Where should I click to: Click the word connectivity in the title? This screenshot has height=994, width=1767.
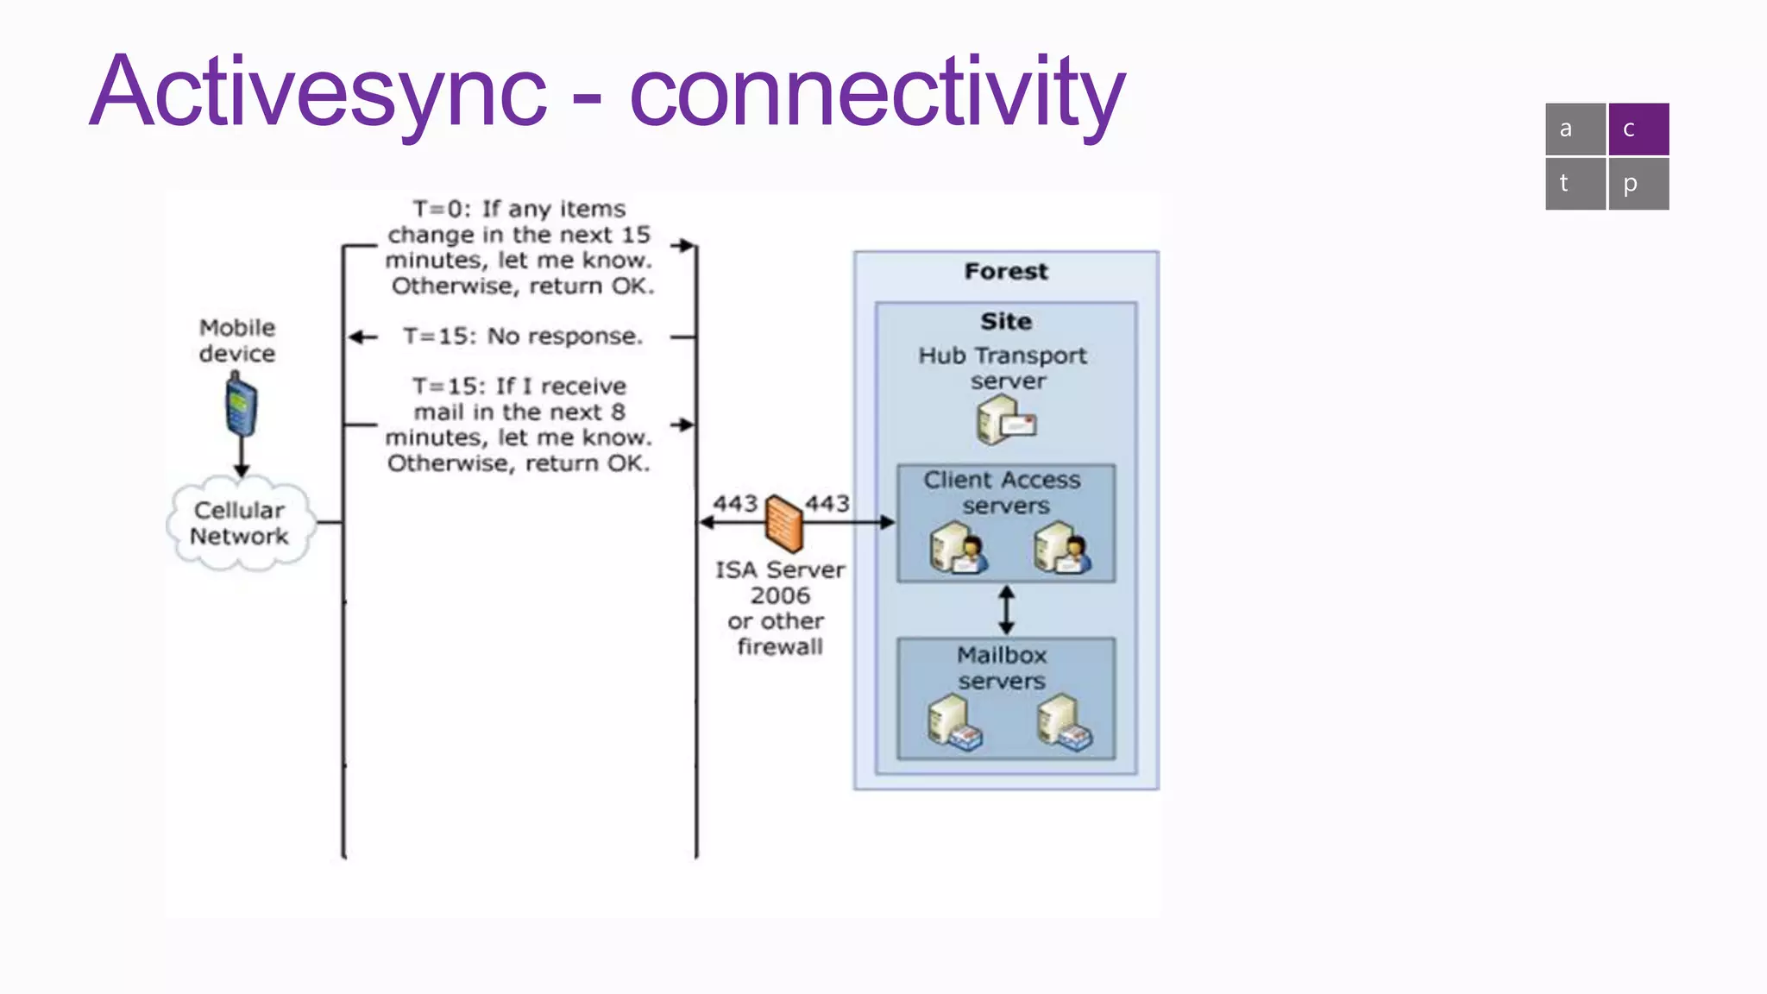coord(877,93)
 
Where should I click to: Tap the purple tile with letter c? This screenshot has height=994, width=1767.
coord(1638,129)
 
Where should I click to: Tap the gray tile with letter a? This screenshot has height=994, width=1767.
coord(1575,129)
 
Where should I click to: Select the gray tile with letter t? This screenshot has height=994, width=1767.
coord(1575,183)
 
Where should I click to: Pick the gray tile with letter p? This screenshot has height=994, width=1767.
coord(1638,183)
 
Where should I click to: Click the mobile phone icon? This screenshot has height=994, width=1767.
coord(241,406)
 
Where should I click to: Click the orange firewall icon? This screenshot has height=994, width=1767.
coord(784,523)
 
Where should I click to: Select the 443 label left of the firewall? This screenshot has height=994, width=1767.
coord(735,503)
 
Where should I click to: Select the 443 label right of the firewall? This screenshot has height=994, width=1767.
coord(827,503)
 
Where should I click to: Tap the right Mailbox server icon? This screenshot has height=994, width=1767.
coord(1064,722)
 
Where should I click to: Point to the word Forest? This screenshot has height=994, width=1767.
coord(1006,272)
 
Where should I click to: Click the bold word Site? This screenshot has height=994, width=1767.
coord(1006,322)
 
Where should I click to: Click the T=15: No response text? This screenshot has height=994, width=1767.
coord(523,337)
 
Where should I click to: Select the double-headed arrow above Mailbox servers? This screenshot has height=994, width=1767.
coord(1006,610)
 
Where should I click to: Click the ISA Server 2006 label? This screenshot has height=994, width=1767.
coord(780,582)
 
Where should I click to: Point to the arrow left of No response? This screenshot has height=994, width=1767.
coord(363,337)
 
